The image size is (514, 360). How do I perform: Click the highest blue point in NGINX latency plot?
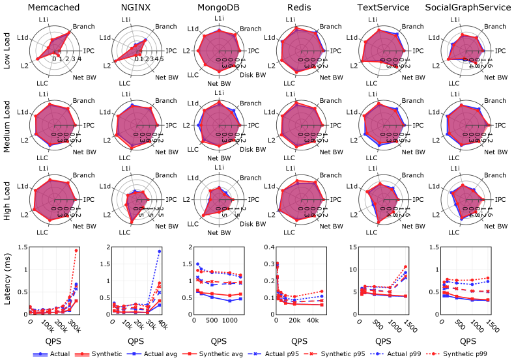click(160, 251)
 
